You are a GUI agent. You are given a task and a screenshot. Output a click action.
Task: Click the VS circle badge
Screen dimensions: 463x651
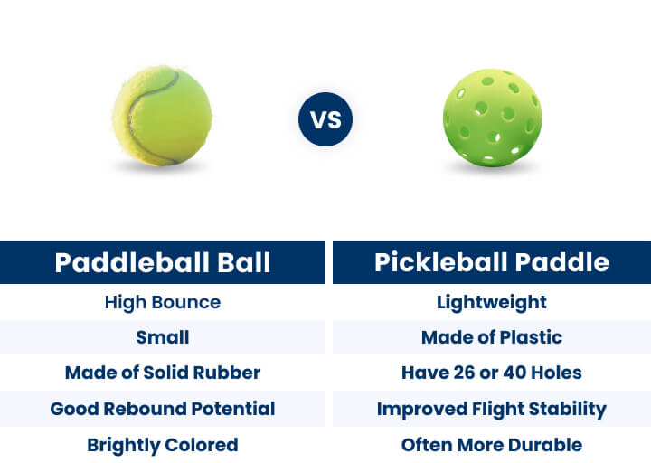pos(325,119)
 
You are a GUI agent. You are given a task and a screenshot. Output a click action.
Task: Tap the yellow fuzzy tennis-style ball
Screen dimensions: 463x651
pos(163,115)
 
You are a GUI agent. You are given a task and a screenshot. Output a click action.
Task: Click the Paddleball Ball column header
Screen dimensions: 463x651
pos(163,262)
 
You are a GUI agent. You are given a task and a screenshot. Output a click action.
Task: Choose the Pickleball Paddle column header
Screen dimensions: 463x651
pos(492,262)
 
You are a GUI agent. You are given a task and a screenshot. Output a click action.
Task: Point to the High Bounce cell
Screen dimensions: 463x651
pos(163,302)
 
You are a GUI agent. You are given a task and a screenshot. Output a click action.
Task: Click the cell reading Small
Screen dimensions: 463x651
pos(163,337)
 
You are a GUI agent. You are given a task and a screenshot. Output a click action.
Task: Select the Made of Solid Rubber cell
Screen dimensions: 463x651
pos(163,373)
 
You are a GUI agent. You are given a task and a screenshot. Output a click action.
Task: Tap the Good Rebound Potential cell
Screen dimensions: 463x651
pos(163,409)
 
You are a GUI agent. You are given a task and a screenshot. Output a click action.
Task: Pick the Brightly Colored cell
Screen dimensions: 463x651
pos(163,445)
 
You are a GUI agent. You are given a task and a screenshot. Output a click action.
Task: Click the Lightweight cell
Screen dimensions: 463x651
pos(492,302)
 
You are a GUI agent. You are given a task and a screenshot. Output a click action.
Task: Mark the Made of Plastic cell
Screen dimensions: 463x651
pos(492,337)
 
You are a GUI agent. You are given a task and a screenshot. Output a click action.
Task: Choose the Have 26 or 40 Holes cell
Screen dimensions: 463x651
pos(492,373)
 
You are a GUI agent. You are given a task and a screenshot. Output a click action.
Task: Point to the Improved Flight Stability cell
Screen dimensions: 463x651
pos(492,409)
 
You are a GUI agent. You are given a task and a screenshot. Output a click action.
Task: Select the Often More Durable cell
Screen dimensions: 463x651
pos(492,445)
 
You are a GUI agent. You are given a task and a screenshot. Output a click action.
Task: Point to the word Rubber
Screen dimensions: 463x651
pos(229,373)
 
